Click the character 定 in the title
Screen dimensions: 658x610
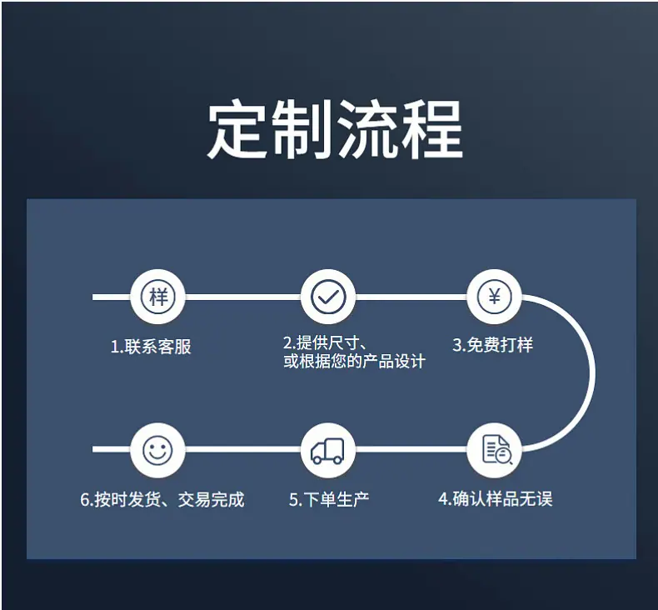pos(238,129)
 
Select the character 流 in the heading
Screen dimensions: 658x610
pos(367,129)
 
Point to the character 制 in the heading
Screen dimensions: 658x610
pos(302,129)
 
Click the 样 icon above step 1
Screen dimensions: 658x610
pos(157,297)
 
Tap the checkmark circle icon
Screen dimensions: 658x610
pos(328,297)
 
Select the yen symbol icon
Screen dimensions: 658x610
pos(495,297)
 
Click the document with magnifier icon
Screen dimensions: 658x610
pos(496,450)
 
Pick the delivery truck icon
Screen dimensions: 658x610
pos(327,451)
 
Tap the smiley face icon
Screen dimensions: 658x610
pos(157,450)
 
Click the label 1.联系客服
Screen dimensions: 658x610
pos(151,347)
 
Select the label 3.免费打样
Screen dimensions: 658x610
pos(492,345)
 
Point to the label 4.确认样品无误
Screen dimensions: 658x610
pos(496,498)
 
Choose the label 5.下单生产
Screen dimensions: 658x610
pos(329,500)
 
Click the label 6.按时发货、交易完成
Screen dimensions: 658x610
pos(162,500)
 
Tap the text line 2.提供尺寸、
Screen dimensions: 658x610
pos(326,343)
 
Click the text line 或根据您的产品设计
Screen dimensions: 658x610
pos(355,361)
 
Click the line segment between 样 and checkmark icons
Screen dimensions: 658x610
pos(243,297)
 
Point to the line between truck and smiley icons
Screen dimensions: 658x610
pos(243,449)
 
